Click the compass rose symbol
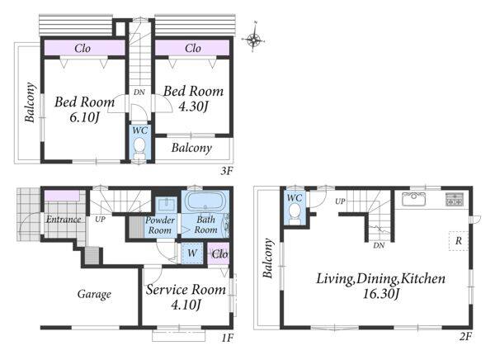(253, 39)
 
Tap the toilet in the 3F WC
(139, 149)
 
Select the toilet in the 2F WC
(295, 213)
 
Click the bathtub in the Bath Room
(205, 200)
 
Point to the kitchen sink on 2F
(413, 199)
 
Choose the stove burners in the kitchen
(455, 199)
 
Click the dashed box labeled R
(459, 241)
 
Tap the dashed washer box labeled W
(192, 253)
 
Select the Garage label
(94, 294)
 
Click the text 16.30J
(381, 294)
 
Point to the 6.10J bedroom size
(84, 117)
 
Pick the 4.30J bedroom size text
(193, 107)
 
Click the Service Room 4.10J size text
(186, 305)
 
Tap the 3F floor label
(226, 171)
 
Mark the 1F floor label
(227, 339)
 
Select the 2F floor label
(465, 337)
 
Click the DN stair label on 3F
(139, 92)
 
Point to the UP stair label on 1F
(100, 219)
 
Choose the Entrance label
(64, 219)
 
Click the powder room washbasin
(164, 205)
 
